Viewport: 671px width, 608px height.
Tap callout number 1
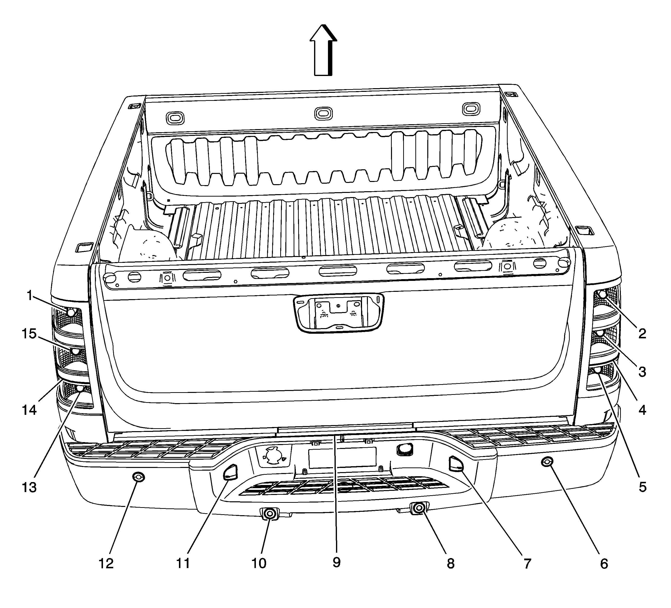tap(30, 295)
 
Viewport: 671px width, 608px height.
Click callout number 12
tap(106, 564)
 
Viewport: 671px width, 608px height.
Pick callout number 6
tap(604, 564)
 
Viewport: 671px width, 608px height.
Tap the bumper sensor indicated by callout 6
tap(547, 462)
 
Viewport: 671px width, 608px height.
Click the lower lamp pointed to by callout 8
tap(419, 508)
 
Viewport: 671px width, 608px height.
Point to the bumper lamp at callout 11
tap(230, 472)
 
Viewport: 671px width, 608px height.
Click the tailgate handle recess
tap(338, 313)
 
